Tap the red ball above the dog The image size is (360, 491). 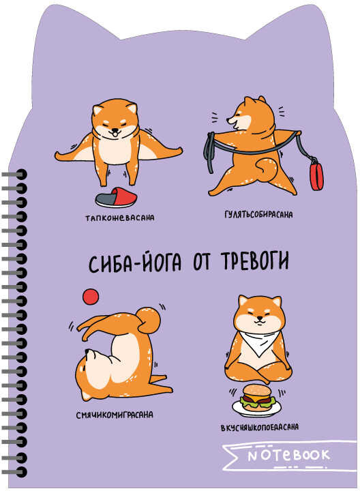pos(89,295)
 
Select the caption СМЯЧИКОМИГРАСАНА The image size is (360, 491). pos(115,414)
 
